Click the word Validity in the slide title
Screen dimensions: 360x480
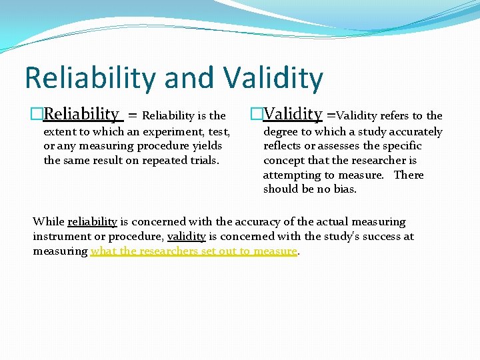tap(273, 78)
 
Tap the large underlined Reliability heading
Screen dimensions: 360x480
tap(81, 115)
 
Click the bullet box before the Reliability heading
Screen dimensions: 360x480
tap(37, 115)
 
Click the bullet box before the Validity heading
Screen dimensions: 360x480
tap(257, 115)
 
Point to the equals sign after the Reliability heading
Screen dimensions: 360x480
tap(133, 116)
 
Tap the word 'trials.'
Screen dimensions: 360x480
tap(203, 160)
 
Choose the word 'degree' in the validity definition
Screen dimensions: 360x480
tap(281, 132)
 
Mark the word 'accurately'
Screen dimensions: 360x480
tap(415, 132)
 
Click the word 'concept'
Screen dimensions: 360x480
tap(285, 160)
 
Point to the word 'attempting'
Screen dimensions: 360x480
tap(292, 175)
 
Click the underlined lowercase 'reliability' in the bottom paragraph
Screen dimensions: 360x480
tap(92, 222)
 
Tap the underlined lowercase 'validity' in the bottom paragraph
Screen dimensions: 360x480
tap(186, 237)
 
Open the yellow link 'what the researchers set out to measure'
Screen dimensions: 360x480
tap(193, 251)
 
